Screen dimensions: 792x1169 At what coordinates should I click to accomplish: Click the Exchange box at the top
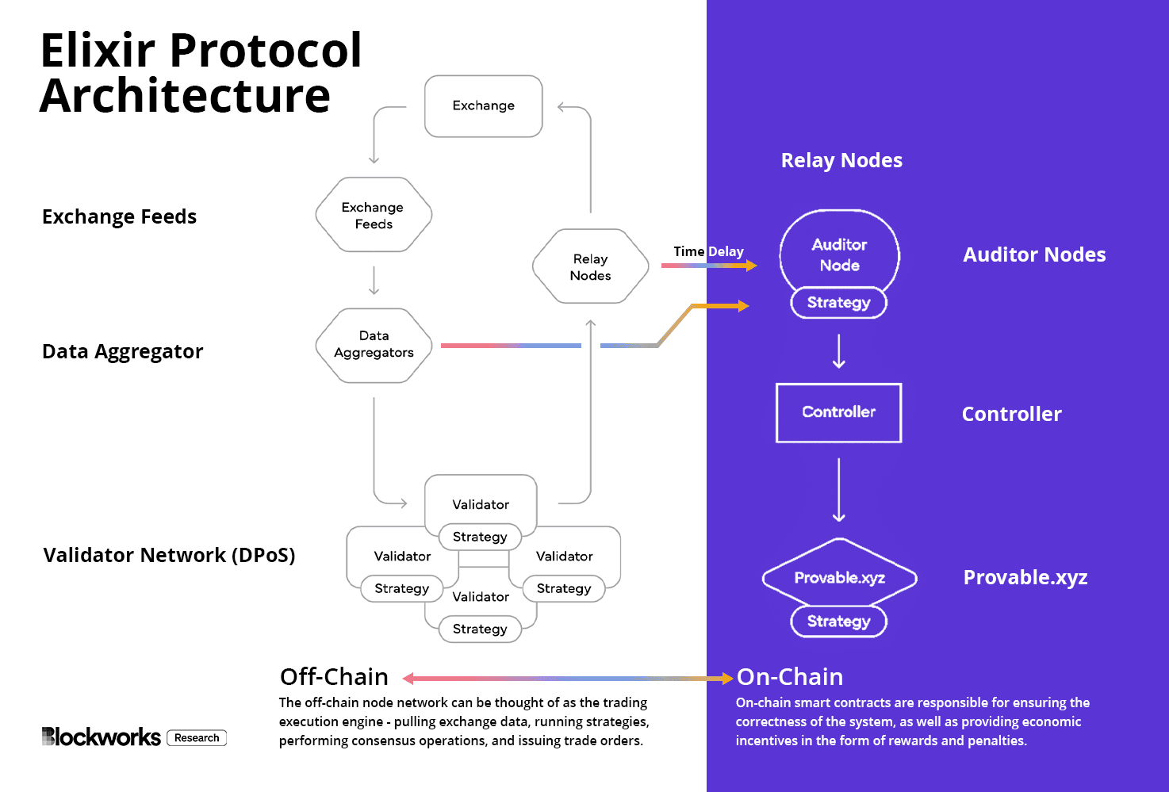484,106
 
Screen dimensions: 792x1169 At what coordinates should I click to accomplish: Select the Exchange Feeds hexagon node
374,215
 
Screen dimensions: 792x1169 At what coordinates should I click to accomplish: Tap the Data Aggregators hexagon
374,345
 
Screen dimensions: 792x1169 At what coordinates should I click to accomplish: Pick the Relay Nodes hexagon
591,267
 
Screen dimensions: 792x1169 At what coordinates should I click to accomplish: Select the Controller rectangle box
838,412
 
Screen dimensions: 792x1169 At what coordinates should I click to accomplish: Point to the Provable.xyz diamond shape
839,577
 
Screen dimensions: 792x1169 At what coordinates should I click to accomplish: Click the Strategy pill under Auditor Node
838,303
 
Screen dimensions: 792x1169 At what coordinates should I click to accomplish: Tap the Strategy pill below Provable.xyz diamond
838,622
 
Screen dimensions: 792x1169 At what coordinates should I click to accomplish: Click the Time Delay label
708,251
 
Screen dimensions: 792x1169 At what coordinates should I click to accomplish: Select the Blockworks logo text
102,737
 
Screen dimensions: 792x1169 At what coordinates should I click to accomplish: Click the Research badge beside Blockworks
197,738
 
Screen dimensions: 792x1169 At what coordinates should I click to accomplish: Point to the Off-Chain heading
334,677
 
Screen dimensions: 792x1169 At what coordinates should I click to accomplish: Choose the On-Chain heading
790,677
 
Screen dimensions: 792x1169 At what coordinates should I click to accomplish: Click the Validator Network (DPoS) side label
169,555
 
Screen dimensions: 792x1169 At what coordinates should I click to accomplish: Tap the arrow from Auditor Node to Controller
839,351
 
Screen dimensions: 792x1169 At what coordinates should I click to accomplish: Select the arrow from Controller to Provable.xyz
839,489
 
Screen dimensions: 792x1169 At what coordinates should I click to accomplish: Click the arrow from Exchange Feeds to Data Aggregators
374,281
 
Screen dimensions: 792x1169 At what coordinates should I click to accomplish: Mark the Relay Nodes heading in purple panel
841,160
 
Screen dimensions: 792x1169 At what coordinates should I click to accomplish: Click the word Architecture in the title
185,96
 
